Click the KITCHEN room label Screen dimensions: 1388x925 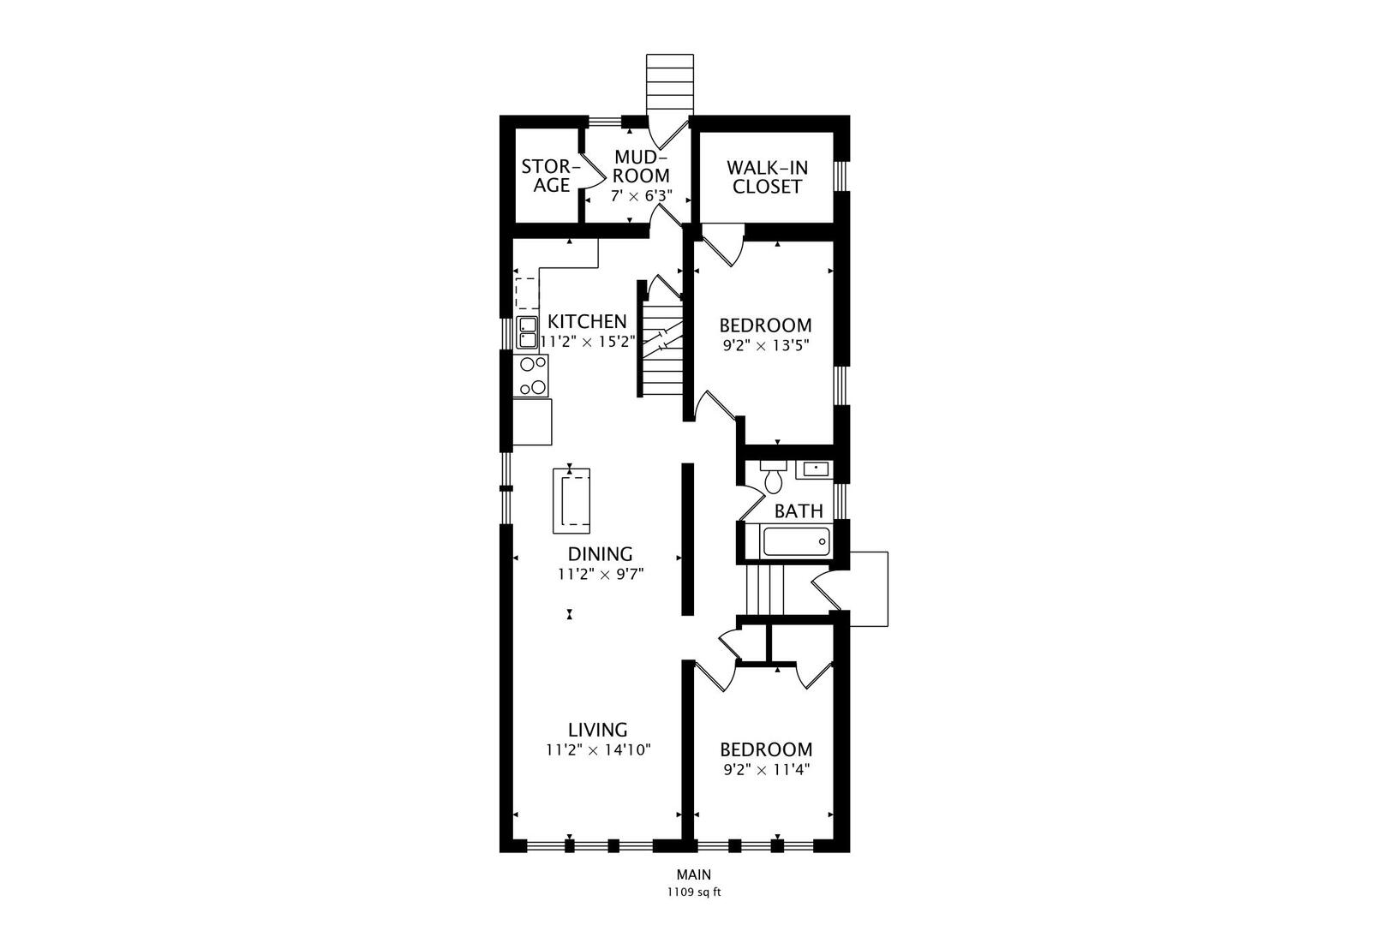coord(587,321)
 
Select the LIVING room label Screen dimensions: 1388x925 coord(598,729)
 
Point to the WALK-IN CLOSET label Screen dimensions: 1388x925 coord(767,177)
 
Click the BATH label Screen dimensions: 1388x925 coord(799,511)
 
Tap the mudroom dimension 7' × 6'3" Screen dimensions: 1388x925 coord(642,196)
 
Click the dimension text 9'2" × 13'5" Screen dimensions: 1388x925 coord(767,346)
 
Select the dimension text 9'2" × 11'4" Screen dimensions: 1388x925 coord(767,770)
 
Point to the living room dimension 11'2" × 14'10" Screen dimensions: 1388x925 coord(598,750)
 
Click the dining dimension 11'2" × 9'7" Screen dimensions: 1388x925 coord(601,575)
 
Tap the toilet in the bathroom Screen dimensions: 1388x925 coord(774,476)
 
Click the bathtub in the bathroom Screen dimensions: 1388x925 coord(796,541)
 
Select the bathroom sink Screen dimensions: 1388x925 coord(817,469)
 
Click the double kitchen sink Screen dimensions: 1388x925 coord(527,332)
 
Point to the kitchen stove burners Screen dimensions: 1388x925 coord(532,375)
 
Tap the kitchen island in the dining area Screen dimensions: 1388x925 coord(571,500)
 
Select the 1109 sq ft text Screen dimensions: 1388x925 coord(694,892)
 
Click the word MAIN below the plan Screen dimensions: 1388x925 coord(694,874)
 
